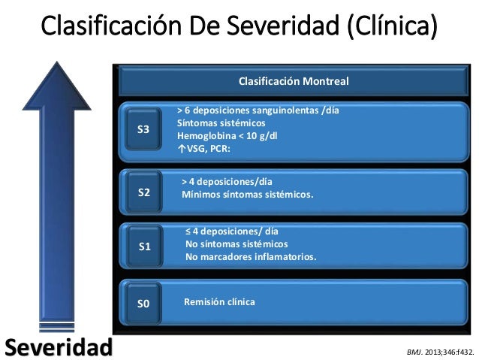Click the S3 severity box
(x=143, y=130)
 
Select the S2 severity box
(x=144, y=192)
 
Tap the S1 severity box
(x=145, y=247)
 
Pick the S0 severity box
(x=143, y=304)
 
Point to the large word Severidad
(x=58, y=346)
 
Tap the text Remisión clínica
(x=220, y=302)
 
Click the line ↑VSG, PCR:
(x=204, y=148)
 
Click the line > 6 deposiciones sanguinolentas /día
(x=258, y=110)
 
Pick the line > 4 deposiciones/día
(x=227, y=181)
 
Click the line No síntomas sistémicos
(x=236, y=244)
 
